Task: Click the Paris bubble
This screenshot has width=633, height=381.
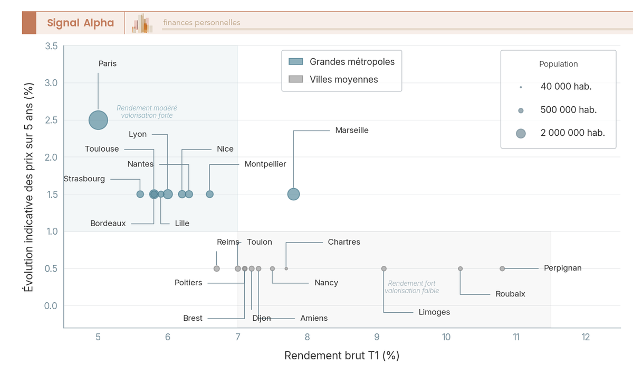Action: pyautogui.click(x=98, y=120)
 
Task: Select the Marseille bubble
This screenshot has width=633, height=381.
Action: pyautogui.click(x=293, y=194)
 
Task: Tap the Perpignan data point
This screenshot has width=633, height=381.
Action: pyautogui.click(x=502, y=268)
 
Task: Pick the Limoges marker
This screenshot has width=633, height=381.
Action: pyautogui.click(x=383, y=268)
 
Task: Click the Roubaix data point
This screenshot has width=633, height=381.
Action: pyautogui.click(x=461, y=268)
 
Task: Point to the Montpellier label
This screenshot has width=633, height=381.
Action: pyautogui.click(x=265, y=164)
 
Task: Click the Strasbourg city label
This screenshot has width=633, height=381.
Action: pyautogui.click(x=84, y=179)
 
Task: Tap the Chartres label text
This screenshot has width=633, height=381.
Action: pyautogui.click(x=344, y=242)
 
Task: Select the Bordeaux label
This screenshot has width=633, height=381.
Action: pyautogui.click(x=108, y=224)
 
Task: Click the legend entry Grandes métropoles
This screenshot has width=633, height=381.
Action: pyautogui.click(x=352, y=62)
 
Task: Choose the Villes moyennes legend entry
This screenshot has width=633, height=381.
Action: pyautogui.click(x=344, y=79)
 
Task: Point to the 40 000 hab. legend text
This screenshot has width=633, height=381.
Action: pyautogui.click(x=566, y=87)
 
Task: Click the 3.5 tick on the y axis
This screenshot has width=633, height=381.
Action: pyautogui.click(x=51, y=46)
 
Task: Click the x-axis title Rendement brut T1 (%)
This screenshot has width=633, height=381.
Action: pyautogui.click(x=342, y=356)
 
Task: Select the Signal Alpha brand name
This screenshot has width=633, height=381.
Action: pyautogui.click(x=80, y=23)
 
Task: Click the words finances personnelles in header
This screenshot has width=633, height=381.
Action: pyautogui.click(x=202, y=23)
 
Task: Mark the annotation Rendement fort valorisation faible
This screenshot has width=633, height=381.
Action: pyautogui.click(x=411, y=287)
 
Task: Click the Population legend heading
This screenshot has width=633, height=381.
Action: pyautogui.click(x=558, y=64)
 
